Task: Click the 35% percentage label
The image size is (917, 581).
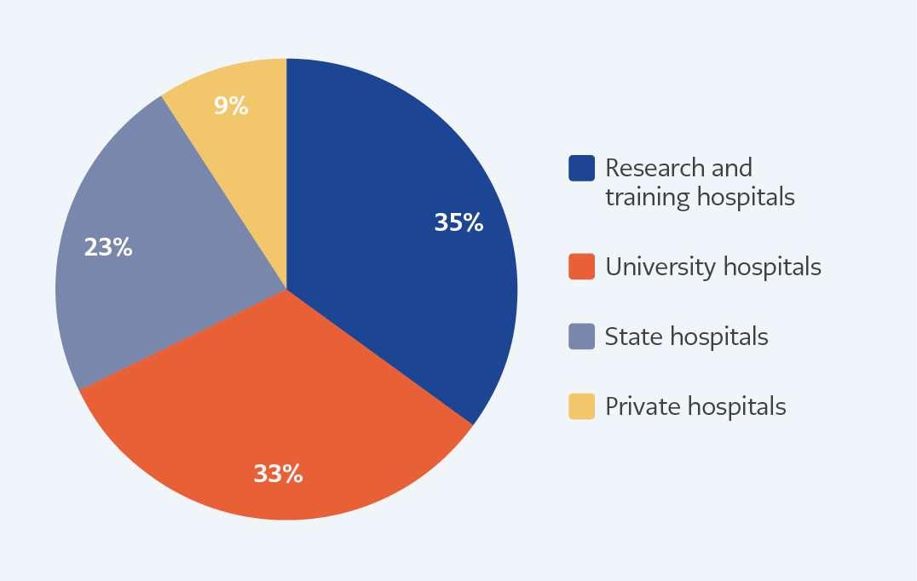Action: (x=458, y=222)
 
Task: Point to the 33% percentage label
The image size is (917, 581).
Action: (x=278, y=474)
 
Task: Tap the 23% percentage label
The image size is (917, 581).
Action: (x=108, y=247)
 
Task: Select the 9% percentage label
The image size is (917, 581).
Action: (x=231, y=106)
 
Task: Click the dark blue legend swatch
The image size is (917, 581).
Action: (x=582, y=169)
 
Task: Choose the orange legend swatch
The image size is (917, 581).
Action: (x=582, y=267)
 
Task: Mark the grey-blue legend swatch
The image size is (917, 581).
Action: (x=582, y=337)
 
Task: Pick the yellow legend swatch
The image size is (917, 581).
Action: (x=582, y=407)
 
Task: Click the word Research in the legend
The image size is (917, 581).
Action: (x=655, y=169)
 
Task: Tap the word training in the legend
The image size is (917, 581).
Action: (x=648, y=198)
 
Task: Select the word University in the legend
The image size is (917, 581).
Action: (x=660, y=267)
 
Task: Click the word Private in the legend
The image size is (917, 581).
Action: (x=642, y=407)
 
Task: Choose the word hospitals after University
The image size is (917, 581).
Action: (x=772, y=267)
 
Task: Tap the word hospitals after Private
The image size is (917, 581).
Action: (x=736, y=407)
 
